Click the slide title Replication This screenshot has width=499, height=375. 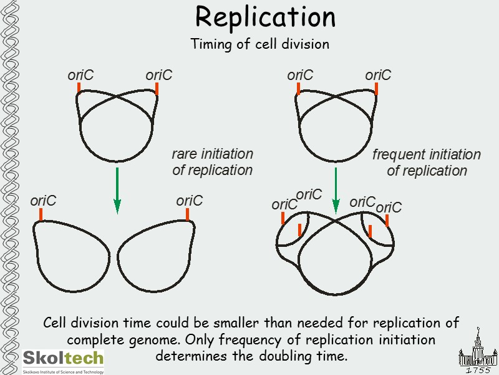click(x=265, y=17)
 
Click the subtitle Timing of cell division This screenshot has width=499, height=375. click(x=259, y=45)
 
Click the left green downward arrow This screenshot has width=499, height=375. click(x=117, y=190)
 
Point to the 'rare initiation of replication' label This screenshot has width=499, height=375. click(x=212, y=162)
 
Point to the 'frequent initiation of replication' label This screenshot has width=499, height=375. click(x=427, y=162)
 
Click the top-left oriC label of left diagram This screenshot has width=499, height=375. click(x=80, y=76)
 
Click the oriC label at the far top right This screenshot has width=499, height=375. click(x=378, y=76)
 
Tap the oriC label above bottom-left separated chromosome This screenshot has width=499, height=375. click(x=43, y=201)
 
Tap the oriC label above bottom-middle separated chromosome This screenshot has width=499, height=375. click(x=189, y=201)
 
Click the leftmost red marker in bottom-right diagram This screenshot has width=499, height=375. click(x=283, y=218)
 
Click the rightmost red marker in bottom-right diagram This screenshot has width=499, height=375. click(x=387, y=220)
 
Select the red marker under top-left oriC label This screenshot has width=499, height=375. click(x=79, y=88)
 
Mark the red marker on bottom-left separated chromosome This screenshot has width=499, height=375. click(x=41, y=214)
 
